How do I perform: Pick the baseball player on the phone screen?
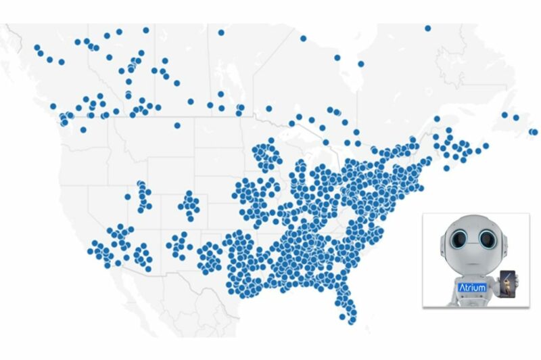coord(509,284)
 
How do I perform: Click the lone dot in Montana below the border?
coord(177,125)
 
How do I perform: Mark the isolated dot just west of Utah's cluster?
coord(127,197)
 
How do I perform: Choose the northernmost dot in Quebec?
coord(428,28)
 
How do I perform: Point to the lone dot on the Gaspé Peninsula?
coord(437,119)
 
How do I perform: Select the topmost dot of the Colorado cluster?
coord(189,194)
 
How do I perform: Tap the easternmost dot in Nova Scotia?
coord(485,145)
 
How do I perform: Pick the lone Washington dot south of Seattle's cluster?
coord(83,129)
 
